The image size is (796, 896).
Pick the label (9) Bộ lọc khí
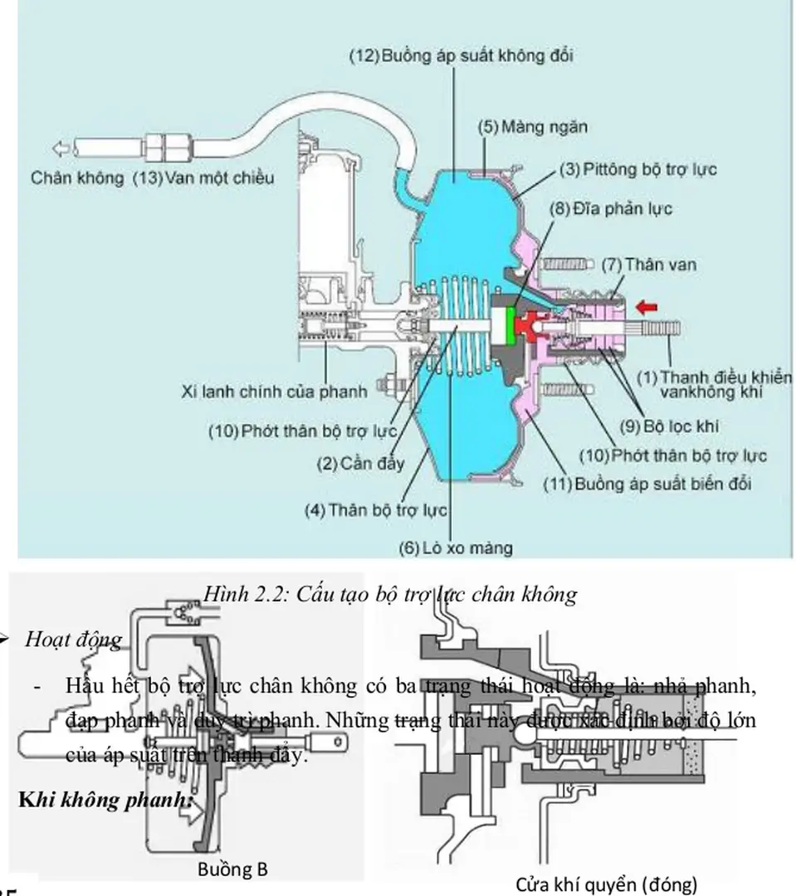pos(673,426)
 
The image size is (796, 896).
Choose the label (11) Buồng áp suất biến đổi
pos(647,483)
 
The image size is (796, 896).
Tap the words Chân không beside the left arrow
pos(80,178)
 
